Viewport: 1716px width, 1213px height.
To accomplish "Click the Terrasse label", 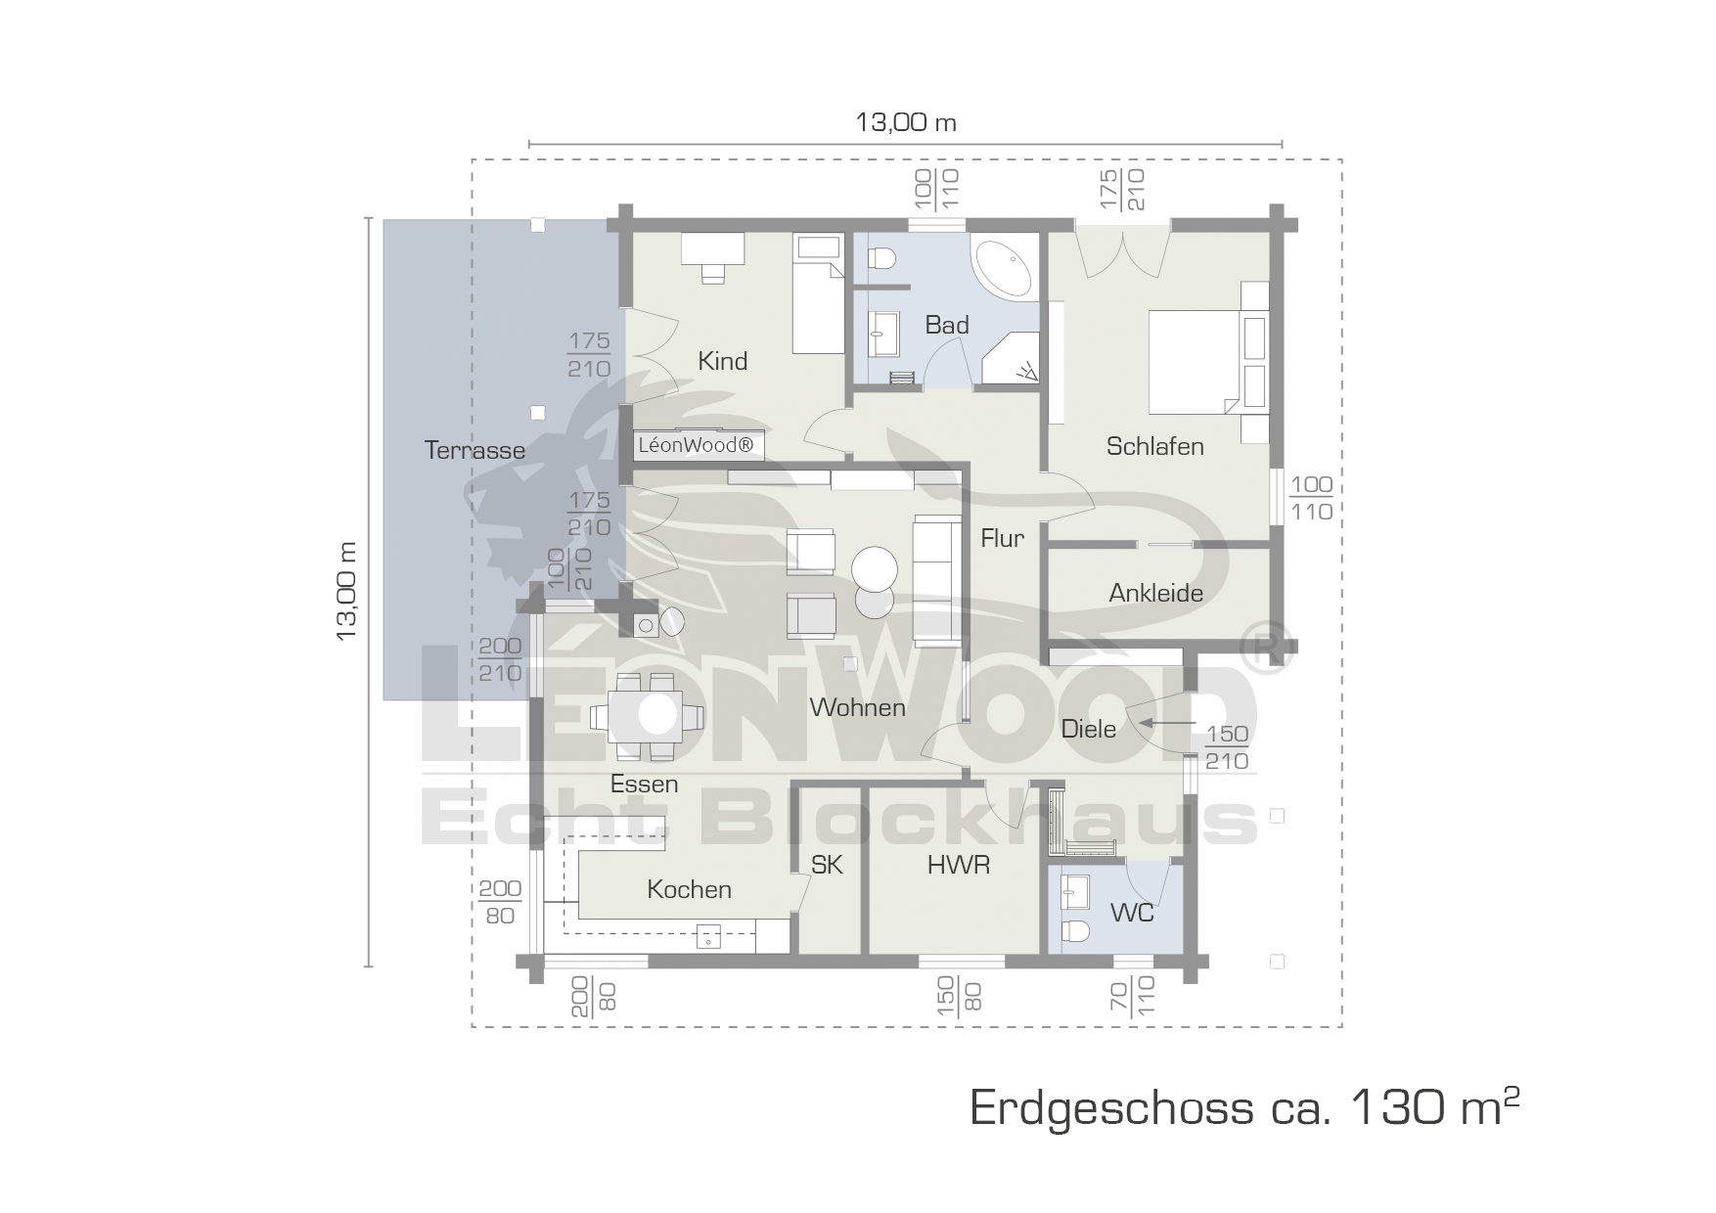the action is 474,450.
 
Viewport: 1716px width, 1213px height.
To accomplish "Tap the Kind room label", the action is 722,361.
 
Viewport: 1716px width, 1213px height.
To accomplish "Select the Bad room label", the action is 947,325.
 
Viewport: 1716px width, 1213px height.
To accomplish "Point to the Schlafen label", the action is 1154,446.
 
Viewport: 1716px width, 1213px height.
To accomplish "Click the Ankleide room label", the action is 1155,593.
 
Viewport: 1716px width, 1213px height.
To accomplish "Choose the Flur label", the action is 1003,538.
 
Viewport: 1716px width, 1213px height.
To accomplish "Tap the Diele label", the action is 1088,729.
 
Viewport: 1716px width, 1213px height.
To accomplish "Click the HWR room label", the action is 959,865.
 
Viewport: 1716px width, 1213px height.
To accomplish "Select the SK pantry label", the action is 827,865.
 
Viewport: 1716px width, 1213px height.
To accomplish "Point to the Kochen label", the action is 689,889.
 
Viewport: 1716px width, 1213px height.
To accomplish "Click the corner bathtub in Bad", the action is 1004,266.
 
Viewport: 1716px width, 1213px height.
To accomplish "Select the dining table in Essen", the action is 646,716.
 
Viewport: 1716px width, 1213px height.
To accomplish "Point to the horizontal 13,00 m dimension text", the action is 906,122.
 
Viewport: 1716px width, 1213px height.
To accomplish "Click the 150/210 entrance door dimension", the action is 1227,748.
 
